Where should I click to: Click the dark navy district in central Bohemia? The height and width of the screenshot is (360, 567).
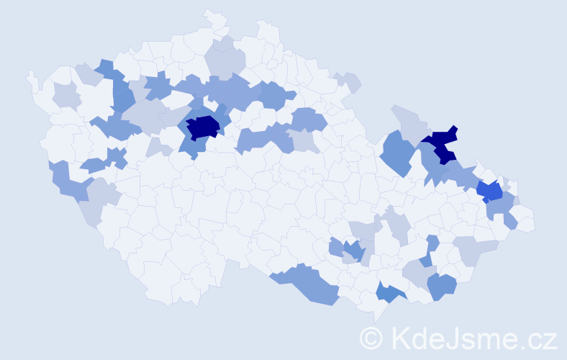click(203, 127)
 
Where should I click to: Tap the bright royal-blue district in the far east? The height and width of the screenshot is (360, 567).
click(490, 191)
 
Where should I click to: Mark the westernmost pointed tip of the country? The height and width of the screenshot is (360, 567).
click(29, 73)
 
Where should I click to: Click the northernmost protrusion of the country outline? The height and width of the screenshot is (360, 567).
click(209, 12)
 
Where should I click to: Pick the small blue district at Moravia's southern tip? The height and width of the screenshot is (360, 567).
click(389, 292)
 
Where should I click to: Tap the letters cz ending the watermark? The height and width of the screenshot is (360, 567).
click(543, 338)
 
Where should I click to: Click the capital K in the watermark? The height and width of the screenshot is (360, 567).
click(396, 338)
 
